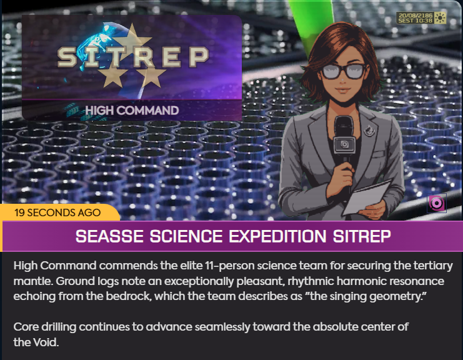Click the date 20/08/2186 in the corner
pos(416,16)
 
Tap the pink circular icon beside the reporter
pos(436,203)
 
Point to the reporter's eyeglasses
pos(342,71)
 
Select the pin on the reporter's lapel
pos(369,129)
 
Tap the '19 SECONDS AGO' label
pos(57,212)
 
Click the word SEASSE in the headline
pos(109,236)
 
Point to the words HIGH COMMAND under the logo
pos(132,111)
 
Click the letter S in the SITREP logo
pos(67,56)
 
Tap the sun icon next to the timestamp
pos(440,17)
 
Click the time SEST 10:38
pos(415,21)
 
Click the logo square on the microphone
pos(344,145)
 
